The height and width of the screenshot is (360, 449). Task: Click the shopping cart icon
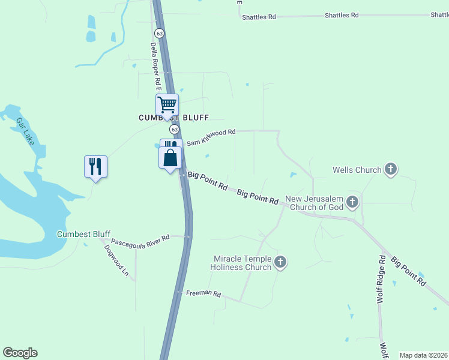coord(167,105)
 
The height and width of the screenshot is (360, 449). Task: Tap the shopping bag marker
coord(170,158)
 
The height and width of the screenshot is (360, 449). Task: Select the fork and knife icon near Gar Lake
coord(95,166)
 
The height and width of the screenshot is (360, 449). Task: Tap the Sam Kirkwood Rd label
coord(211,137)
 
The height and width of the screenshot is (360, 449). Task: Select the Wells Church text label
coord(357,170)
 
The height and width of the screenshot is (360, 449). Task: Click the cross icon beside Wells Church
coord(391,169)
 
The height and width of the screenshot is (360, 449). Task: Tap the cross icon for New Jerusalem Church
coord(352,202)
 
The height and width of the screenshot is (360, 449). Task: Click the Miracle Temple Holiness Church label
coord(243,263)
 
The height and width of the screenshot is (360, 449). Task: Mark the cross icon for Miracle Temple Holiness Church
coord(280,262)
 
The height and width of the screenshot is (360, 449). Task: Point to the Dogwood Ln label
coord(116,260)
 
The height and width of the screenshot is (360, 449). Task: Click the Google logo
coord(20,353)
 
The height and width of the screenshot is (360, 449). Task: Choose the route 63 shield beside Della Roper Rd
coord(158,32)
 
